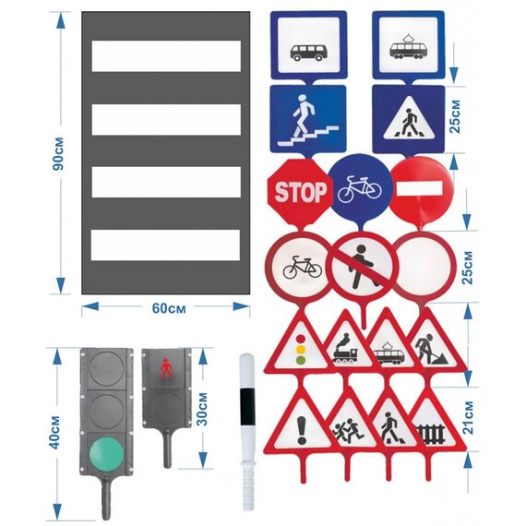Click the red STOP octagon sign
click(x=300, y=192)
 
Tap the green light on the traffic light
click(x=107, y=455)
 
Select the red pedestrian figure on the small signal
click(x=166, y=369)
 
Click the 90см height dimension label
click(x=58, y=153)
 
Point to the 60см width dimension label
click(x=169, y=308)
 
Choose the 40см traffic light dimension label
click(x=54, y=433)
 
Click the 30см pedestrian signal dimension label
click(x=201, y=409)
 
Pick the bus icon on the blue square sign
click(x=307, y=53)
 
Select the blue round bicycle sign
click(x=360, y=189)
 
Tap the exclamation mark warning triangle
click(x=302, y=424)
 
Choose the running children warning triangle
click(x=349, y=424)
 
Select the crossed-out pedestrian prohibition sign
click(x=364, y=267)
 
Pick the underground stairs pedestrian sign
click(x=308, y=119)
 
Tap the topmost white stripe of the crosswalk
click(x=166, y=56)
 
